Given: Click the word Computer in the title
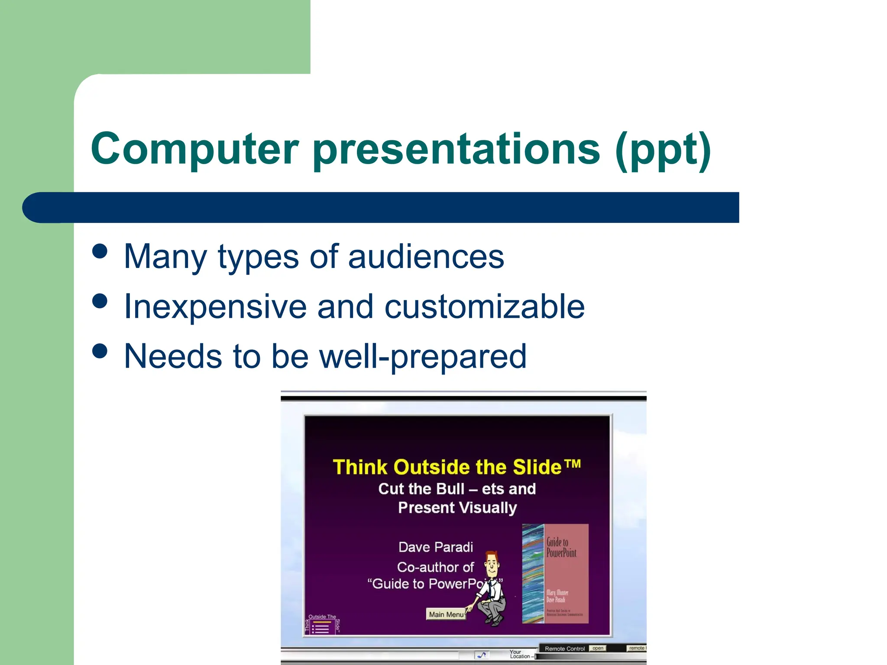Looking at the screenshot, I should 195,149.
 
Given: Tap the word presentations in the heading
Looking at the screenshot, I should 456,149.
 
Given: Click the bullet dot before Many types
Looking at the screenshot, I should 100,251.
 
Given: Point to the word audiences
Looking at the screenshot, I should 426,257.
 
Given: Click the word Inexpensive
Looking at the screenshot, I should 215,307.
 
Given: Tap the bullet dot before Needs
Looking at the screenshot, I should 100,351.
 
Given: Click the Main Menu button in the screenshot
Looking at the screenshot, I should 446,614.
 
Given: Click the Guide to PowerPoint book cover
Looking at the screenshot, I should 555,574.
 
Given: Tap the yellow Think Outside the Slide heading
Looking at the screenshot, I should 456,467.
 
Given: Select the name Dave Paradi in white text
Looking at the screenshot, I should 435,547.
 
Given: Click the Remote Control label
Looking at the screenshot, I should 564,649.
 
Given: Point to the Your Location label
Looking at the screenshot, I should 518,654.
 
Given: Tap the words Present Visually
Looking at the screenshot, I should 457,507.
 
